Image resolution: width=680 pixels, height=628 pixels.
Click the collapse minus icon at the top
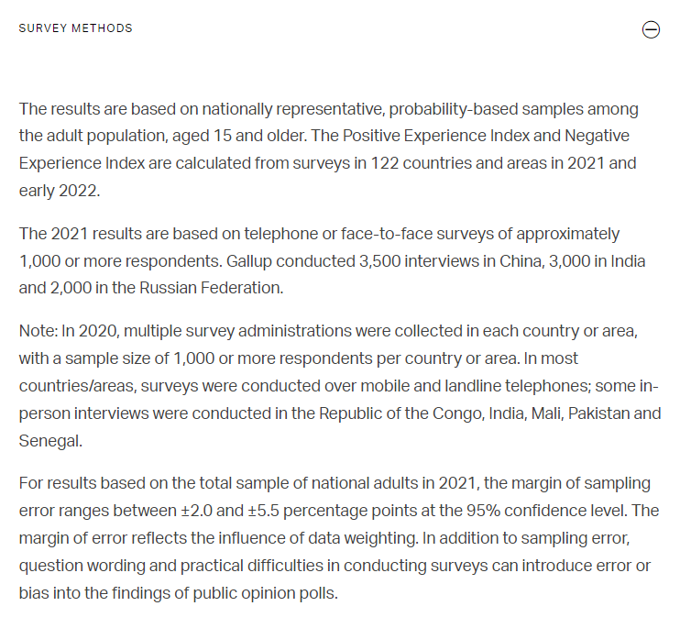651,30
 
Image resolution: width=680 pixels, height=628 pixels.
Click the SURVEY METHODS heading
75,28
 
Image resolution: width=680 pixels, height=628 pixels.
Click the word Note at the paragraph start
37,331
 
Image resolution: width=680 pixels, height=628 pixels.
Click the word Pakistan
600,413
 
